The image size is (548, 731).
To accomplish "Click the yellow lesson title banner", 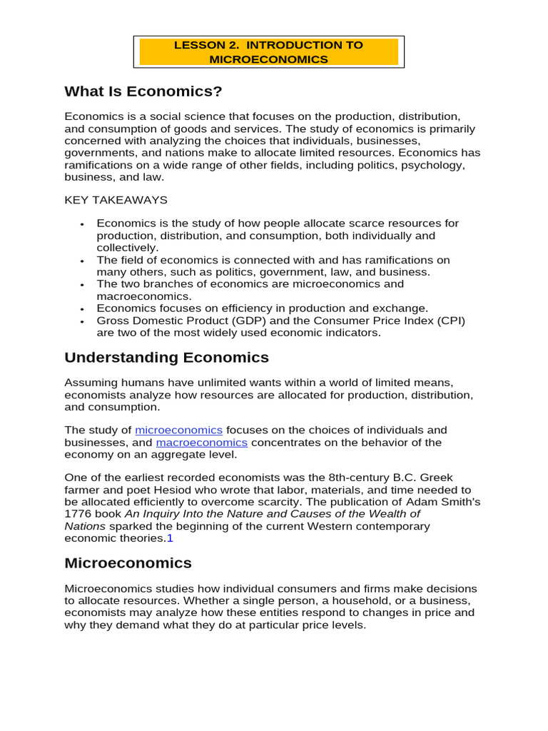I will [269, 52].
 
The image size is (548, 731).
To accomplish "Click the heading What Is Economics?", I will [143, 91].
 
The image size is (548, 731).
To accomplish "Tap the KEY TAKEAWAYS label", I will [116, 200].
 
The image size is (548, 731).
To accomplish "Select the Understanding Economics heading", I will [166, 358].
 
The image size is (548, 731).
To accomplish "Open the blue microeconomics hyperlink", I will [179, 430].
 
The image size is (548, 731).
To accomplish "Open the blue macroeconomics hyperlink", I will [202, 443].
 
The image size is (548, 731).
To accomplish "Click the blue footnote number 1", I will [170, 538].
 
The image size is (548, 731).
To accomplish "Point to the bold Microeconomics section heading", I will [128, 563].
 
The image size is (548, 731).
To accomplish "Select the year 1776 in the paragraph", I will [77, 514].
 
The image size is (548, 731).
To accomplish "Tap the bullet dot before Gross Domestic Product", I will [83, 321].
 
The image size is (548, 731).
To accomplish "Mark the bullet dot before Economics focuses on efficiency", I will [83, 309].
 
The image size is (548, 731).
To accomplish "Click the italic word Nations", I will [84, 526].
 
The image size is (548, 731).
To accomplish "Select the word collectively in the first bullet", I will [126, 248].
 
